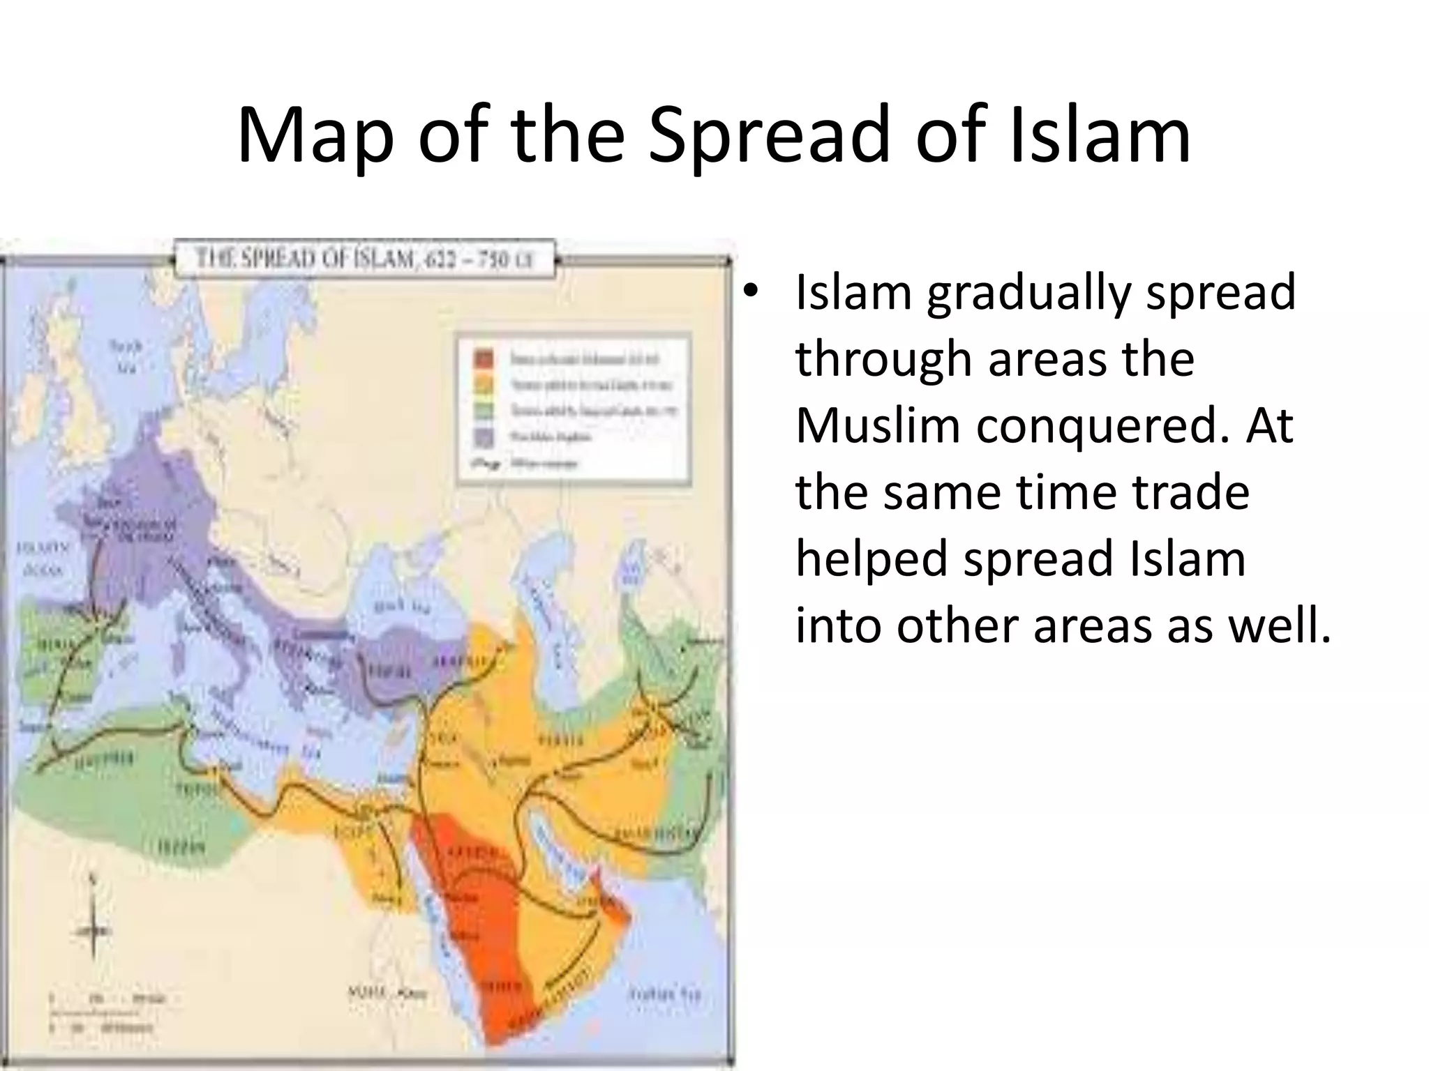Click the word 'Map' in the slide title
[315, 136]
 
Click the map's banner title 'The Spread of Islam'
[364, 259]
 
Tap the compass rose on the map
[93, 928]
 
